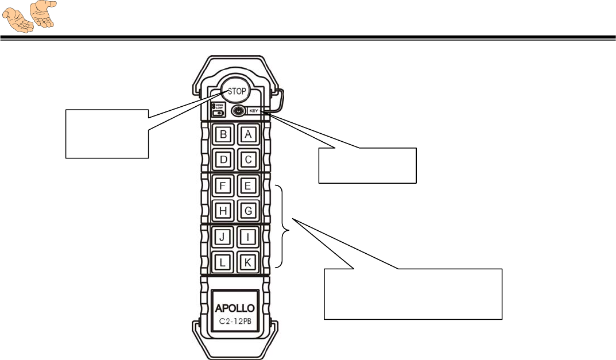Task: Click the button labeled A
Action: click(x=248, y=135)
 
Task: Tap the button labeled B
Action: click(x=223, y=135)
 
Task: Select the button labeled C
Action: click(x=248, y=159)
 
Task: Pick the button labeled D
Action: click(x=223, y=159)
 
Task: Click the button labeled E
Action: click(x=248, y=185)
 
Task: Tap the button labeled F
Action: click(x=223, y=185)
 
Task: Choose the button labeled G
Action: click(x=248, y=210)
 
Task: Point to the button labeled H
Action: click(x=223, y=210)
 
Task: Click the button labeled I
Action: click(x=248, y=236)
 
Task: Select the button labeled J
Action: click(x=223, y=236)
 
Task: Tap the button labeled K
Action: click(x=248, y=261)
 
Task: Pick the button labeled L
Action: click(x=223, y=261)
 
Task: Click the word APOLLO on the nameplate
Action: click(x=235, y=308)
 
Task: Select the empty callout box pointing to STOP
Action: click(x=107, y=133)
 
